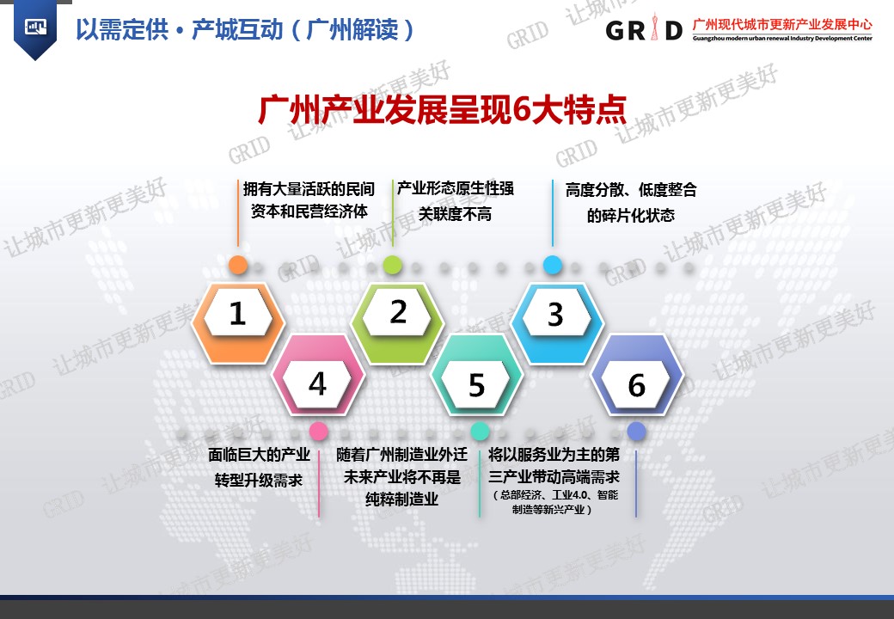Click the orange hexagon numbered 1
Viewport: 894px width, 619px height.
(x=238, y=322)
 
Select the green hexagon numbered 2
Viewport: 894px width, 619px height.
(x=398, y=322)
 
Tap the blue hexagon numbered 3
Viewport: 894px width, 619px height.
(x=557, y=322)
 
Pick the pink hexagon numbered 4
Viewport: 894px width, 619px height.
(x=318, y=373)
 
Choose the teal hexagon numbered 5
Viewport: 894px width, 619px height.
(x=477, y=373)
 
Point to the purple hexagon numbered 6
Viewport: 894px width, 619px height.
(x=637, y=373)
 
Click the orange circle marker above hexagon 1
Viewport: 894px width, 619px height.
(x=238, y=265)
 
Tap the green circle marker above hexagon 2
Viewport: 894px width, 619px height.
(x=392, y=265)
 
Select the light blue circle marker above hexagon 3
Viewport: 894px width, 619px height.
(x=553, y=265)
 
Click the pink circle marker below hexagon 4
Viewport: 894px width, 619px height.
(x=318, y=431)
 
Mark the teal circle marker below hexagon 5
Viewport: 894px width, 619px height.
(x=480, y=431)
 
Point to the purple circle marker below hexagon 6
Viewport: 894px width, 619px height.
(x=636, y=432)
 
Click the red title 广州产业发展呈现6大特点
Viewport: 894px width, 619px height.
(x=443, y=109)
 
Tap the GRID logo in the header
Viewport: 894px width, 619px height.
(x=644, y=28)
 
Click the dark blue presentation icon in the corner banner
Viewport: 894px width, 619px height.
(x=35, y=27)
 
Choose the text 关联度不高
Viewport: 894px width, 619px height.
(x=455, y=214)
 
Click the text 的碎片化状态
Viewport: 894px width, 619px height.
(x=631, y=216)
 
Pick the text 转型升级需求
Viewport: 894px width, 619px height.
(x=259, y=481)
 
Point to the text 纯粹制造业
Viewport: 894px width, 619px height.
(x=402, y=499)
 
